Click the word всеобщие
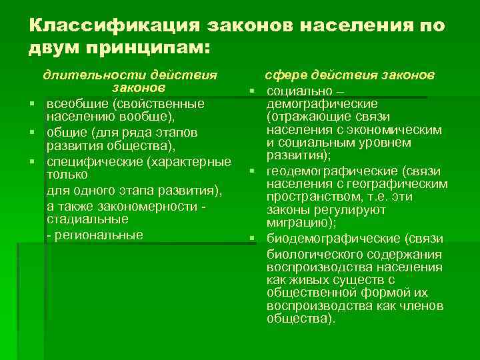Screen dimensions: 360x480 (x=77, y=104)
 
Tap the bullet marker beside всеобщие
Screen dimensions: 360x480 (x=31, y=104)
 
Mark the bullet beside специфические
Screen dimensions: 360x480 (x=31, y=162)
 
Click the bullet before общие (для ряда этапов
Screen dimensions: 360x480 (x=31, y=133)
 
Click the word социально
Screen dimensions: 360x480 (x=297, y=90)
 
